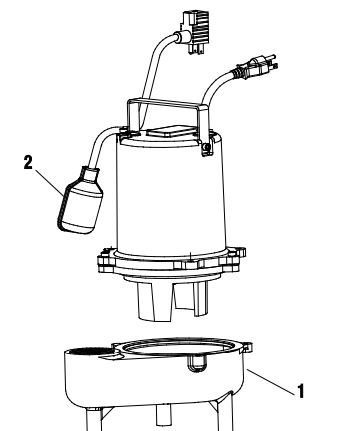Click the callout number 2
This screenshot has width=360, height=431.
[x=28, y=163]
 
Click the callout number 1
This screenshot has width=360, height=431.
[x=301, y=391]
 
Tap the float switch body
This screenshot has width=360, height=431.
[x=80, y=204]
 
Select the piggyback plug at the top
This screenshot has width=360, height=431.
[x=195, y=31]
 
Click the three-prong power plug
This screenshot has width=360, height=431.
[x=256, y=66]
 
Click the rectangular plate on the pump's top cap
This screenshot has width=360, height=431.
[x=170, y=131]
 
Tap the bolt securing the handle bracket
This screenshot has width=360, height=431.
[x=205, y=146]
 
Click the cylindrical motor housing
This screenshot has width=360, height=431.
[x=171, y=197]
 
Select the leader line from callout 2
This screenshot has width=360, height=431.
[x=49, y=182]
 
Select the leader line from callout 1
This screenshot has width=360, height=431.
[x=271, y=382]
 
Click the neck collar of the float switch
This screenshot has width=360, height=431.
[x=90, y=175]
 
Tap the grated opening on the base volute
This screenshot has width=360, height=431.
[x=91, y=351]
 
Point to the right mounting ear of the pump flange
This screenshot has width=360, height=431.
[x=238, y=255]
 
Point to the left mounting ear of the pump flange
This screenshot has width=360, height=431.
[x=105, y=261]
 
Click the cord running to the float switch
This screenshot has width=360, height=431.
[x=99, y=144]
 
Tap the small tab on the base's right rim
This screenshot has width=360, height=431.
[x=247, y=347]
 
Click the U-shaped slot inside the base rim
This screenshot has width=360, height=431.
[x=196, y=363]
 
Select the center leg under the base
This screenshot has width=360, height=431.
[x=164, y=419]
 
